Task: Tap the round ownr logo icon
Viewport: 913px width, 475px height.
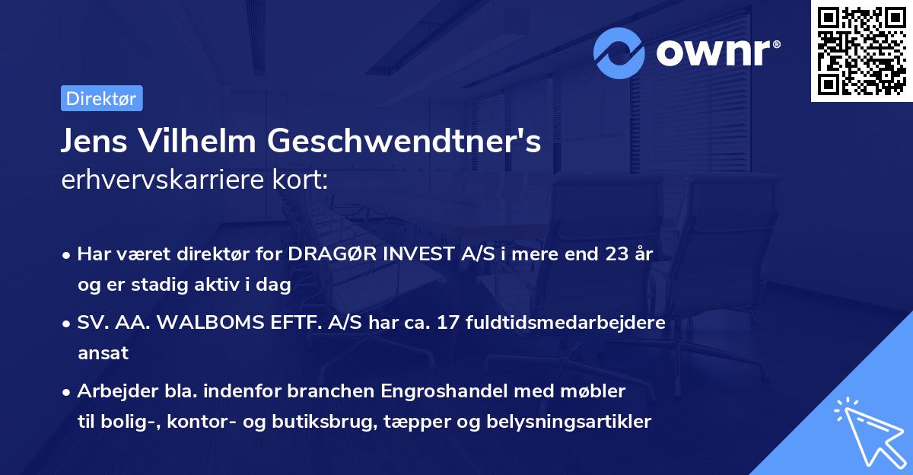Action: coord(619,53)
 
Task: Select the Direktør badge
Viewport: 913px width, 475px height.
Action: coord(101,98)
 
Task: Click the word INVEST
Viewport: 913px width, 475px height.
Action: coord(412,254)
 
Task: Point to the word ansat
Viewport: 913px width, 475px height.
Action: coord(103,353)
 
